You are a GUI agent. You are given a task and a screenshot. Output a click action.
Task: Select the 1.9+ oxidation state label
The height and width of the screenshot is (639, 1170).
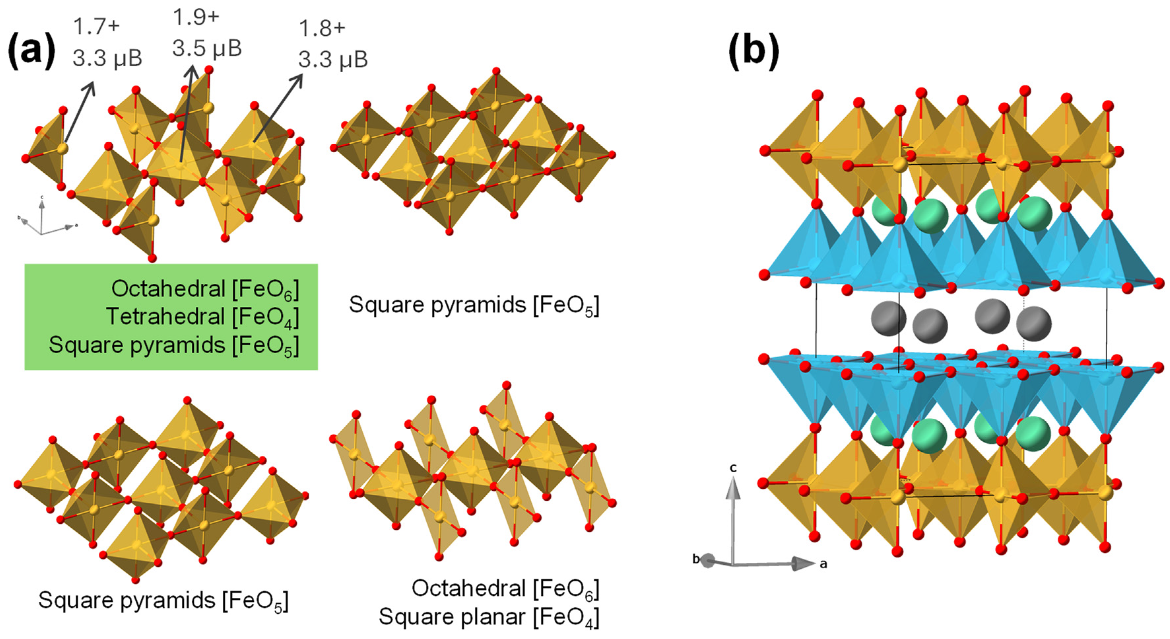(x=196, y=17)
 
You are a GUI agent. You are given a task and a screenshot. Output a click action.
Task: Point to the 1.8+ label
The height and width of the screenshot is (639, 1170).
(x=322, y=28)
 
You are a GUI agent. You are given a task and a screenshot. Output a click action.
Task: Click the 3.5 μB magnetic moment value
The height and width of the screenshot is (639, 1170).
(x=207, y=48)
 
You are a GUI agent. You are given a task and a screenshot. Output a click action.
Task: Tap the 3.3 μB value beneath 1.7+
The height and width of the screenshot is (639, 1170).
(x=107, y=58)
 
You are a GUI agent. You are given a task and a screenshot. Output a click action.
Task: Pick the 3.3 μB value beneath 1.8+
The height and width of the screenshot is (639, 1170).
(x=333, y=59)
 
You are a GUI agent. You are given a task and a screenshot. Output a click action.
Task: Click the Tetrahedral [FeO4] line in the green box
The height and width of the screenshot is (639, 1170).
(x=203, y=317)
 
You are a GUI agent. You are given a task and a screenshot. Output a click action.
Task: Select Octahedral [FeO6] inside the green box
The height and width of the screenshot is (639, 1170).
(x=205, y=289)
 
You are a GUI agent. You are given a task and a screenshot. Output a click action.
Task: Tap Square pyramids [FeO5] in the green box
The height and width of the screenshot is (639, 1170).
(x=174, y=345)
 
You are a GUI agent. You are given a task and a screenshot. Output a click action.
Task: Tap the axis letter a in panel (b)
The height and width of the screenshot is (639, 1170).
(x=823, y=564)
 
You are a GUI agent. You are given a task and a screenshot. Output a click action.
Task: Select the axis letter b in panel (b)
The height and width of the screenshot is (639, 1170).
(x=696, y=559)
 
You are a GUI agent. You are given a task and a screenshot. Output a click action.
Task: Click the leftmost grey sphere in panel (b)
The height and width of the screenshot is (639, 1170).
(x=888, y=318)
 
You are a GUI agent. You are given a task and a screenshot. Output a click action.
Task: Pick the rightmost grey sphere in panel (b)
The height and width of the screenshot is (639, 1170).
(x=1033, y=324)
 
